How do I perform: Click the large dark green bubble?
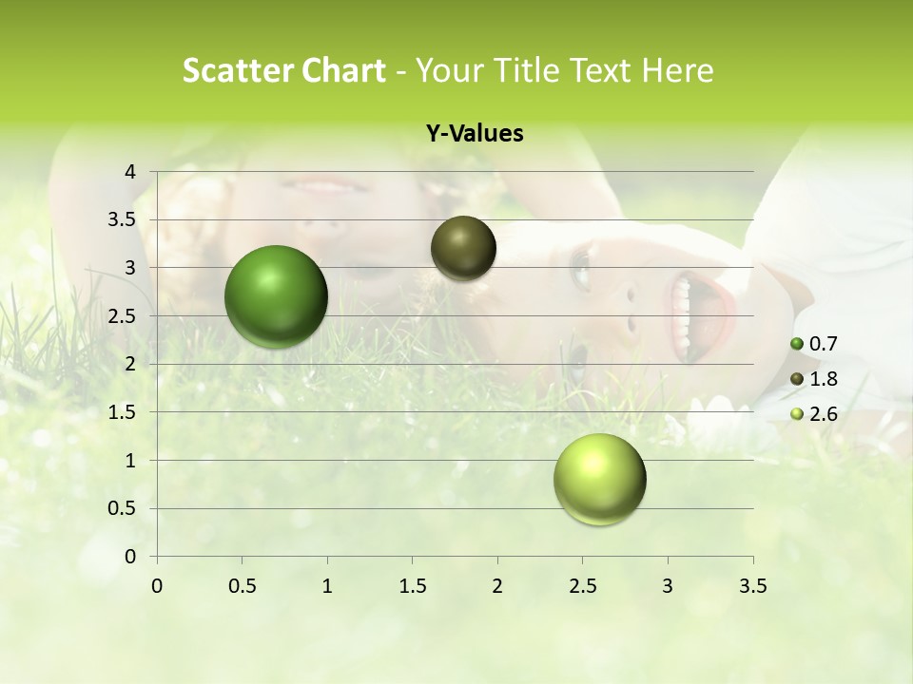pos(276,296)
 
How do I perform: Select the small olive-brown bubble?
pos(463,248)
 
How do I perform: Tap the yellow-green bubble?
pos(599,479)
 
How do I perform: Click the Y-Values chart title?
pos(474,134)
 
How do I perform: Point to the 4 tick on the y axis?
pos(131,172)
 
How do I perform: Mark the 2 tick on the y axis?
pos(131,364)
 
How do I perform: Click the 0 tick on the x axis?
pos(157,586)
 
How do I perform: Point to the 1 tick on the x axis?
pos(327,586)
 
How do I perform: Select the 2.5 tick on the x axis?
pos(582,586)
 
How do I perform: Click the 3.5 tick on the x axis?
pos(752,586)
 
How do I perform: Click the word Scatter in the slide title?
pos(237,70)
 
